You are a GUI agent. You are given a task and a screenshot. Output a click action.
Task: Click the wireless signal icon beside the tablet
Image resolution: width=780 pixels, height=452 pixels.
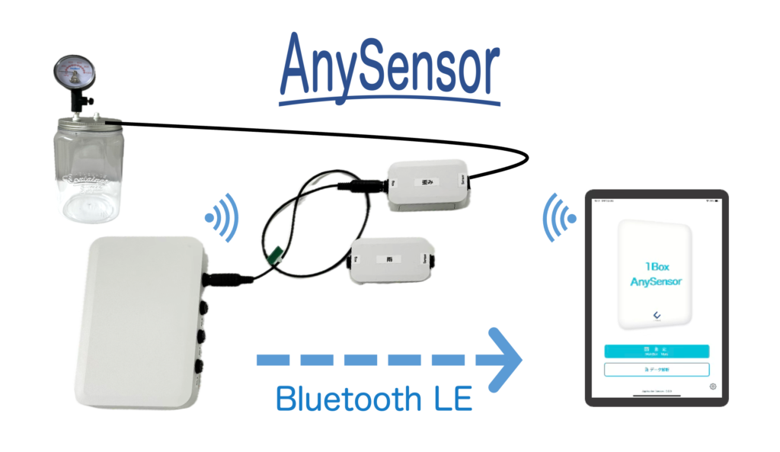click(558, 216)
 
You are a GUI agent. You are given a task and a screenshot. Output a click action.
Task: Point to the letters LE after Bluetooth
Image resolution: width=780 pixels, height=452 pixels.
click(449, 399)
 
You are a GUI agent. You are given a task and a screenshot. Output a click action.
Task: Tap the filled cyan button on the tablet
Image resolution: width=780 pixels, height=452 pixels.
click(656, 351)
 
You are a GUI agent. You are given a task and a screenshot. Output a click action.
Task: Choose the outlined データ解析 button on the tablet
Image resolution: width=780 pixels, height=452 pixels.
click(656, 370)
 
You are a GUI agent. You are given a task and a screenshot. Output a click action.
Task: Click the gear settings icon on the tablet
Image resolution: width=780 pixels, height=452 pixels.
click(713, 386)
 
